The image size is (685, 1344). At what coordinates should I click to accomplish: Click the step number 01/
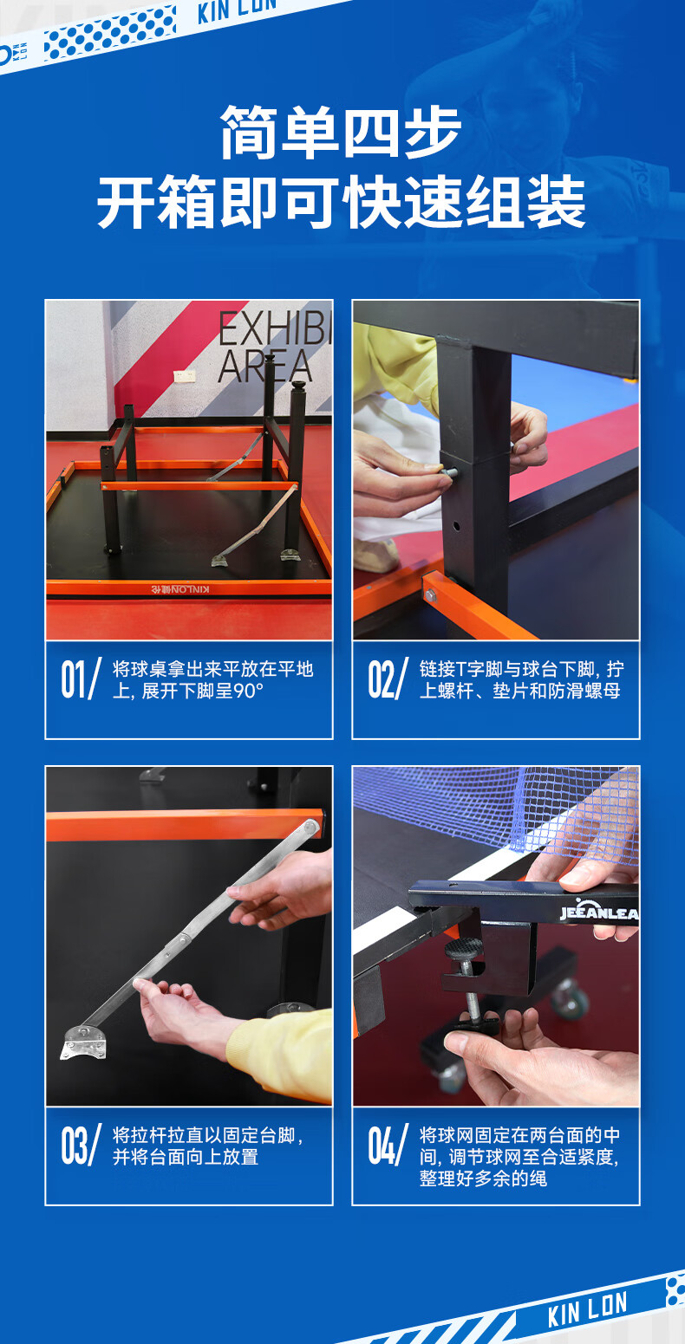pos(81,678)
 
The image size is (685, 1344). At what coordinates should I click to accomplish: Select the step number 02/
pos(388,678)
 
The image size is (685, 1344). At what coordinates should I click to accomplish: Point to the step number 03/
pos(81,1145)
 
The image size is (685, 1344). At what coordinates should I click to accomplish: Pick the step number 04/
pos(388,1145)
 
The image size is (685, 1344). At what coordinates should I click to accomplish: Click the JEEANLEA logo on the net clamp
pos(598,912)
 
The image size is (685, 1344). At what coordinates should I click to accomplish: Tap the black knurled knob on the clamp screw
pos(464,948)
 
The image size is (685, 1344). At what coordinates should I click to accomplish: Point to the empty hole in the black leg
pos(456,526)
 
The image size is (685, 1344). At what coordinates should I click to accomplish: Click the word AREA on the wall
pos(264,367)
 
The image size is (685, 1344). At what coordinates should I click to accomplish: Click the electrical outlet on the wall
pos(184,375)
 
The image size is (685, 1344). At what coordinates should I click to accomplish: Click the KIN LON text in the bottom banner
pos(588,1308)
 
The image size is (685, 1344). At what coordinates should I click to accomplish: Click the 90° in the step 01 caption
pos(249,691)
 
